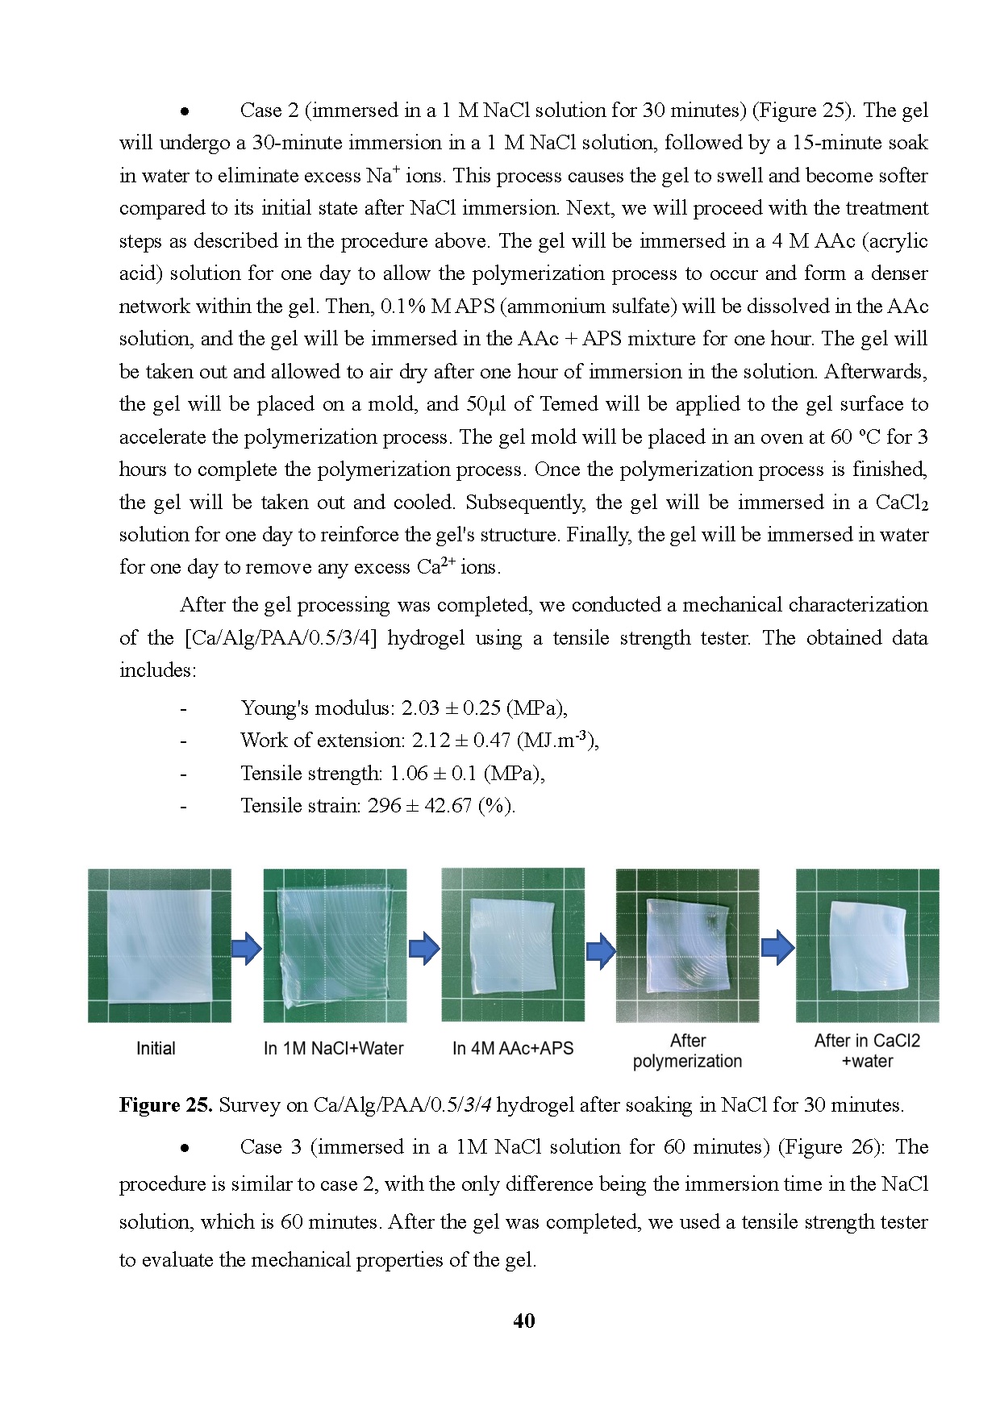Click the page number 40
pos(523,1321)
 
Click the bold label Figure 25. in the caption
pos(165,1104)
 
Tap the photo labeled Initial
pos(159,945)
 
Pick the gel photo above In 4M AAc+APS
pos(513,945)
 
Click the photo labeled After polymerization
pos(687,945)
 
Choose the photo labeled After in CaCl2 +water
pos(867,945)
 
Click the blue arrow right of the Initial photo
pos(247,949)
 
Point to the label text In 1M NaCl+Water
pos(333,1049)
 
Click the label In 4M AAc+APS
pos(513,1049)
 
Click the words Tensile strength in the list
pos(310,774)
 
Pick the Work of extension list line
pos(419,741)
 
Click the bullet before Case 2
pos(185,111)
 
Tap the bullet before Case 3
pos(185,1148)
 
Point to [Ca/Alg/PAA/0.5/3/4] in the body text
pos(281,638)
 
